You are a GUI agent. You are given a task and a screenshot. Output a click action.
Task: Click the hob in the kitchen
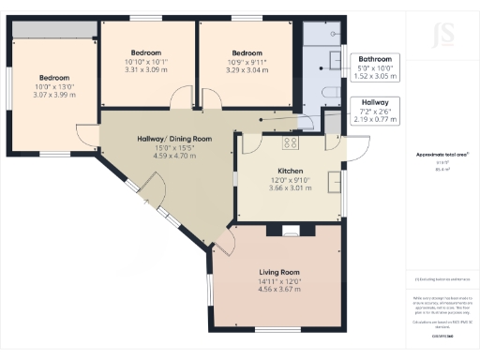pyautogui.click(x=291, y=144)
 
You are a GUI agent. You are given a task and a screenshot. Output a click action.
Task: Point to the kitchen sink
pyautogui.click(x=333, y=180)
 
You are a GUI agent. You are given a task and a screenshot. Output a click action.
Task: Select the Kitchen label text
pyautogui.click(x=284, y=170)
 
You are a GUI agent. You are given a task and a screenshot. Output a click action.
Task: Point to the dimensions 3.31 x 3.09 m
pyautogui.click(x=146, y=69)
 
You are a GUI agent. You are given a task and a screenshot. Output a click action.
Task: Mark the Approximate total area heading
pyautogui.click(x=442, y=155)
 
